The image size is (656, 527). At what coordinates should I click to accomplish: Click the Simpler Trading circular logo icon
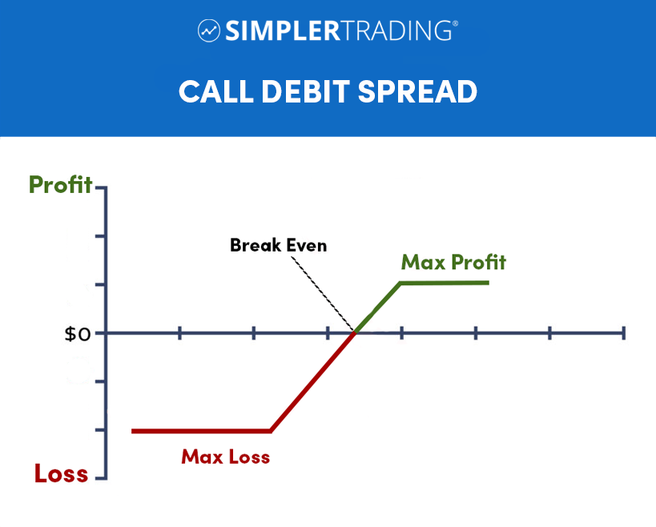(209, 30)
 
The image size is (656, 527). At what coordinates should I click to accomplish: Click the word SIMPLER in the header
(284, 30)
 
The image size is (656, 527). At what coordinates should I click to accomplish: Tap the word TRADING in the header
(397, 30)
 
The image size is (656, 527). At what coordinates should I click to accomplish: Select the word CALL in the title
(216, 91)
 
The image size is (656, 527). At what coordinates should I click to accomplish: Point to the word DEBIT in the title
(305, 91)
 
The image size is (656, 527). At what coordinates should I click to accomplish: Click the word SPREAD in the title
(417, 91)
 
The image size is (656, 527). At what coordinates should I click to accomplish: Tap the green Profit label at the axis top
(60, 184)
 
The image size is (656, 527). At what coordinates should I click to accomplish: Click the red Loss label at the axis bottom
(61, 473)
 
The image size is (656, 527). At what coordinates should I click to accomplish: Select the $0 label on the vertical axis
(78, 334)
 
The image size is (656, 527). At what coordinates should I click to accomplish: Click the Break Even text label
(278, 245)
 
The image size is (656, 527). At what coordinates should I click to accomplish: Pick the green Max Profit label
(453, 262)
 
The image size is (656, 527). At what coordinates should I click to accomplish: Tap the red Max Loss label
(226, 457)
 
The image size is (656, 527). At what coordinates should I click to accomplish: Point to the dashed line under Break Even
(323, 294)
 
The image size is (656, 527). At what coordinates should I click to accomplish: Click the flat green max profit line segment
(445, 284)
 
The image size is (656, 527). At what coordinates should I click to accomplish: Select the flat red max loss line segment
(201, 431)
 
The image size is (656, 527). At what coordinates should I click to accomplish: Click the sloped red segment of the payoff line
(312, 382)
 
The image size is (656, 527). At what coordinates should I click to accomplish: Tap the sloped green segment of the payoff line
(378, 308)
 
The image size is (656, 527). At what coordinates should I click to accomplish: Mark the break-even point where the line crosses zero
(355, 333)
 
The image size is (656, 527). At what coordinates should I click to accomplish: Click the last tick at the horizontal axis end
(623, 333)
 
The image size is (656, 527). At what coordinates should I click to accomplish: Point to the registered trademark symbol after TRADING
(455, 24)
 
